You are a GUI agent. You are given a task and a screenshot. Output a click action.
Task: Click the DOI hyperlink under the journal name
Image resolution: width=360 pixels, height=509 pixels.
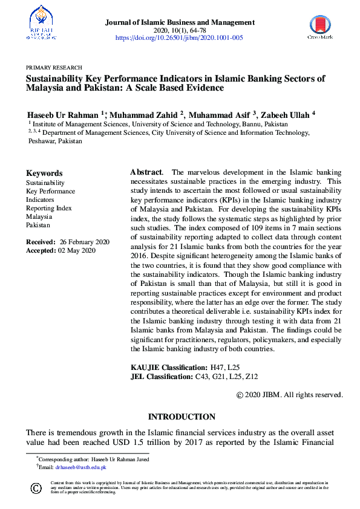[x=179, y=37]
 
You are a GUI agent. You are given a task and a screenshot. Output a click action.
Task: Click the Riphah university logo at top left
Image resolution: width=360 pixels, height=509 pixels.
[x=41, y=22]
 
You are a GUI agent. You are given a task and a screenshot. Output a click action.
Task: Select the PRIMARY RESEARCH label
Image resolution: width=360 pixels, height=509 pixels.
[x=54, y=68]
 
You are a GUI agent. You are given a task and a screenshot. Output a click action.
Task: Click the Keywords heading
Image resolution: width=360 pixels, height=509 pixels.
[x=44, y=173]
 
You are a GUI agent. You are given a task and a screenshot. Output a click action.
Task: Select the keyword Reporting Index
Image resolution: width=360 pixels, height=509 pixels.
[x=48, y=208]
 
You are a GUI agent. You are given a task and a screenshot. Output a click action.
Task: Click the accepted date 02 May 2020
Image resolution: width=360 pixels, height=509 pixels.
[x=76, y=250]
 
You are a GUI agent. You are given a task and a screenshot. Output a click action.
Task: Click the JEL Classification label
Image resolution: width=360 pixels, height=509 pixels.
[x=162, y=377]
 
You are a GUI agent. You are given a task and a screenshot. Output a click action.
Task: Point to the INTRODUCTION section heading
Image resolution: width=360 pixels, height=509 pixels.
[x=182, y=417]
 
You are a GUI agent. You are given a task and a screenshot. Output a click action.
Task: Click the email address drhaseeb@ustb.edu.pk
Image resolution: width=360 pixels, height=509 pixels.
[x=80, y=467]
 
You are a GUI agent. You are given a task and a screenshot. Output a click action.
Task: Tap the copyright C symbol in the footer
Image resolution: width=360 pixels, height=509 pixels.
[x=36, y=488]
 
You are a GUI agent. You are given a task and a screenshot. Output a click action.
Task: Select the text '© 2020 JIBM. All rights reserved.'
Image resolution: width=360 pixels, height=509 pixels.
[x=289, y=395]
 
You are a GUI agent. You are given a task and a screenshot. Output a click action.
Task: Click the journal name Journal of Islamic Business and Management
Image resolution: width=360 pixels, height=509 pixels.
[x=180, y=22]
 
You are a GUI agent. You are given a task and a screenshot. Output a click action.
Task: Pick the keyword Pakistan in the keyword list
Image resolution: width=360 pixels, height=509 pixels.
[x=38, y=225]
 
